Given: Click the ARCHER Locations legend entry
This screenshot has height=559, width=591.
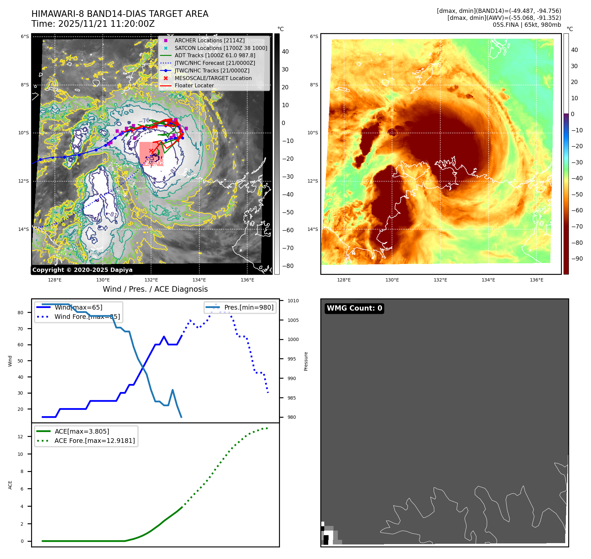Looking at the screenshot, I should pos(210,40).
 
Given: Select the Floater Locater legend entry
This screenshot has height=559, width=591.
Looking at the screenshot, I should pos(194,85).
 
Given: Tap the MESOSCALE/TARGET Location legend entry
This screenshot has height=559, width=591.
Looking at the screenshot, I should pos(213,78).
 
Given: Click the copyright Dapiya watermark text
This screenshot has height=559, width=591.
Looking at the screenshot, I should pos(82,270).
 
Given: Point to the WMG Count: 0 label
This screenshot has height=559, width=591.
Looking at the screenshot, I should pos(354,308).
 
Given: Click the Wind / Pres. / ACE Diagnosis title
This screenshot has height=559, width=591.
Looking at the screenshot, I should pos(155,289).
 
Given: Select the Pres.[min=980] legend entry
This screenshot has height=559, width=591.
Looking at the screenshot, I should pos(249,307).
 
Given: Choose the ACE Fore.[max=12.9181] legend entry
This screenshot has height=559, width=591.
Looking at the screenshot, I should pos(95,441).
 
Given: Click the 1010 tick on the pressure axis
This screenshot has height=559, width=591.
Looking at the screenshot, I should pos(293,301).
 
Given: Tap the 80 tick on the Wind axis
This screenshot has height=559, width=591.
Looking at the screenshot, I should pos(20,313).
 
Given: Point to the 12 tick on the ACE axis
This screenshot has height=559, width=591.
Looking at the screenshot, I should pos(20,437).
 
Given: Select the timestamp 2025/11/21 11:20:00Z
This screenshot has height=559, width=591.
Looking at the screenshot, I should pos(106,24).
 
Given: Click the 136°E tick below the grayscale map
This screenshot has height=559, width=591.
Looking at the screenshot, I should pos(247,280).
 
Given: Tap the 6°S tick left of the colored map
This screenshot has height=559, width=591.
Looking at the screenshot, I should pos(314,36).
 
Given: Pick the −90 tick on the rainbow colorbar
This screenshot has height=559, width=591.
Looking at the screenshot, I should pos(577,259).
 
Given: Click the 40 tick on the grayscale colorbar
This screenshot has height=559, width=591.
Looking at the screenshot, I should pos(285,52).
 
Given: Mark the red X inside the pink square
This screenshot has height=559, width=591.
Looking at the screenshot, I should pos(151,151).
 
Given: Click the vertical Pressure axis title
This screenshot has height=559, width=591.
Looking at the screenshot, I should pos(306,361).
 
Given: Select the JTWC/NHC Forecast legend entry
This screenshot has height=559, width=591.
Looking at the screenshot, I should pos(215,63).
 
